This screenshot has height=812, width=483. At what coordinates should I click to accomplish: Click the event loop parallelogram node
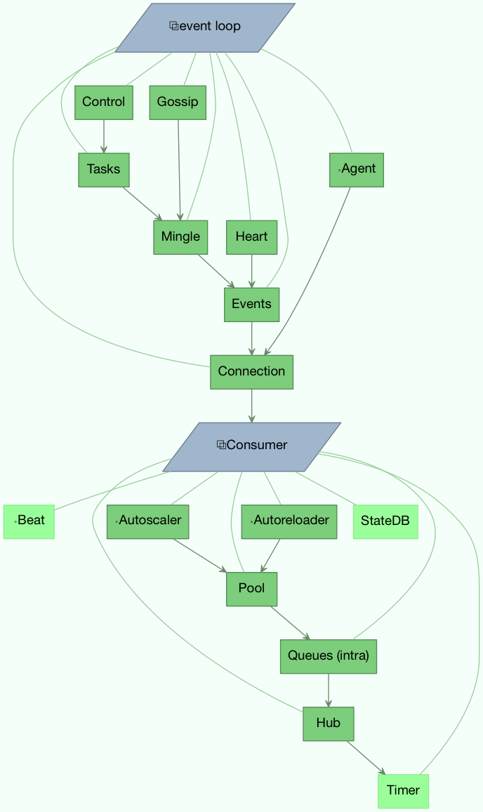tap(205, 27)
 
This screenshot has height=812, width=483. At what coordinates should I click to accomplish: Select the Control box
tap(104, 102)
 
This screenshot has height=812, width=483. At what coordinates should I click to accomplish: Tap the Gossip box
tap(178, 102)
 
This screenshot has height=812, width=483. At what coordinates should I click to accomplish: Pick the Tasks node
tap(104, 170)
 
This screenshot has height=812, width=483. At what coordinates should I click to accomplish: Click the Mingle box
tap(180, 237)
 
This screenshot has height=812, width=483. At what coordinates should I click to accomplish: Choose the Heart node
tap(251, 237)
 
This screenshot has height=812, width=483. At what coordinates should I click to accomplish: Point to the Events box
tap(251, 305)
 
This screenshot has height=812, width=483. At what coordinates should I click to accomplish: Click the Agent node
tap(357, 170)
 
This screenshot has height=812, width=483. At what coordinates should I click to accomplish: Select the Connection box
tap(251, 372)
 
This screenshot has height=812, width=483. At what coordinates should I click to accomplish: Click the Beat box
tap(29, 521)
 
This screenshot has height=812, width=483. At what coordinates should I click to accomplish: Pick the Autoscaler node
tap(148, 521)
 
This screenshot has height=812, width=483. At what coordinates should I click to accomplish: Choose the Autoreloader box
tap(289, 521)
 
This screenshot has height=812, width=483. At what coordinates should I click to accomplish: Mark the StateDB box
tap(385, 521)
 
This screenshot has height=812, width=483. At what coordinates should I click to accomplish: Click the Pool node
tap(251, 589)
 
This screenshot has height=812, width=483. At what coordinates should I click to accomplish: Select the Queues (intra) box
tap(329, 656)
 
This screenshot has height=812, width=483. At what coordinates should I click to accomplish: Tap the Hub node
tap(329, 724)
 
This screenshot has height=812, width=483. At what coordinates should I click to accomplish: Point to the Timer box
tap(403, 791)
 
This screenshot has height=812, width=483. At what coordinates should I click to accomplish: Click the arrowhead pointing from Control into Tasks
tap(104, 149)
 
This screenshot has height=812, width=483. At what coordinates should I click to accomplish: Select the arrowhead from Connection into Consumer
tap(251, 418)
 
